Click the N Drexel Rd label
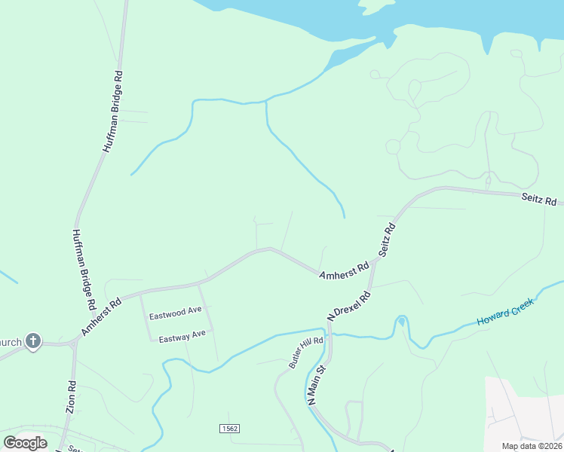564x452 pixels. (x=349, y=305)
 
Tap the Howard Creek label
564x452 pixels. (x=505, y=312)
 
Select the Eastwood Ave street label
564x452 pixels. (x=175, y=314)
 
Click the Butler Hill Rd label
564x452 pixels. (x=306, y=352)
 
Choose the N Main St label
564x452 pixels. (x=315, y=386)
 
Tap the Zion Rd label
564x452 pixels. (x=72, y=395)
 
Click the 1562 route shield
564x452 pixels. (x=230, y=428)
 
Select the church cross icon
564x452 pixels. (x=32, y=341)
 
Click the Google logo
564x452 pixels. (x=25, y=442)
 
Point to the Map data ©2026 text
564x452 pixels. (x=531, y=445)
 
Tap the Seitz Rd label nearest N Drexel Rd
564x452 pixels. (x=385, y=241)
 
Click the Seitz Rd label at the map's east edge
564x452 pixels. (x=538, y=200)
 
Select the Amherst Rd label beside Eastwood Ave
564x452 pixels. (x=101, y=318)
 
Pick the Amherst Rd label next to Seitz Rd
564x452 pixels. (x=344, y=271)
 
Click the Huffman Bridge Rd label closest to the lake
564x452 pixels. (x=112, y=113)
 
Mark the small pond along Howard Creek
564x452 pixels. (x=401, y=322)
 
